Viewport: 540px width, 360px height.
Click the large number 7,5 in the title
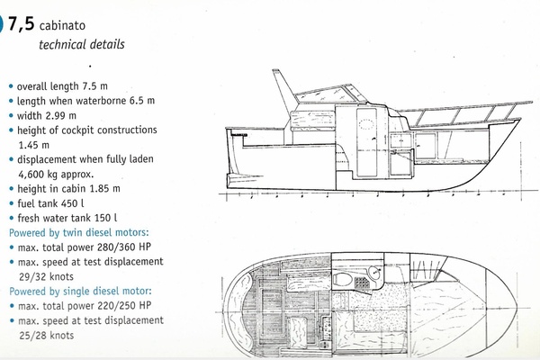tap(21, 24)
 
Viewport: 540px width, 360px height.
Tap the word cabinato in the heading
tap(62, 25)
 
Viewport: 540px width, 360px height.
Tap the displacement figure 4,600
tap(31, 175)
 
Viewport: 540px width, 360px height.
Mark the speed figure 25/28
tap(32, 335)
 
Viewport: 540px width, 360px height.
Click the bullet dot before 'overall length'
tap(12, 86)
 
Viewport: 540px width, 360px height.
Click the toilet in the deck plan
tap(342, 279)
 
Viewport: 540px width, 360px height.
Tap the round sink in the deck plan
tap(374, 272)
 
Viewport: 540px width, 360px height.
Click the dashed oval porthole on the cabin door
tap(366, 123)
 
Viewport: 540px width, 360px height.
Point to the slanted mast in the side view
tap(283, 90)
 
